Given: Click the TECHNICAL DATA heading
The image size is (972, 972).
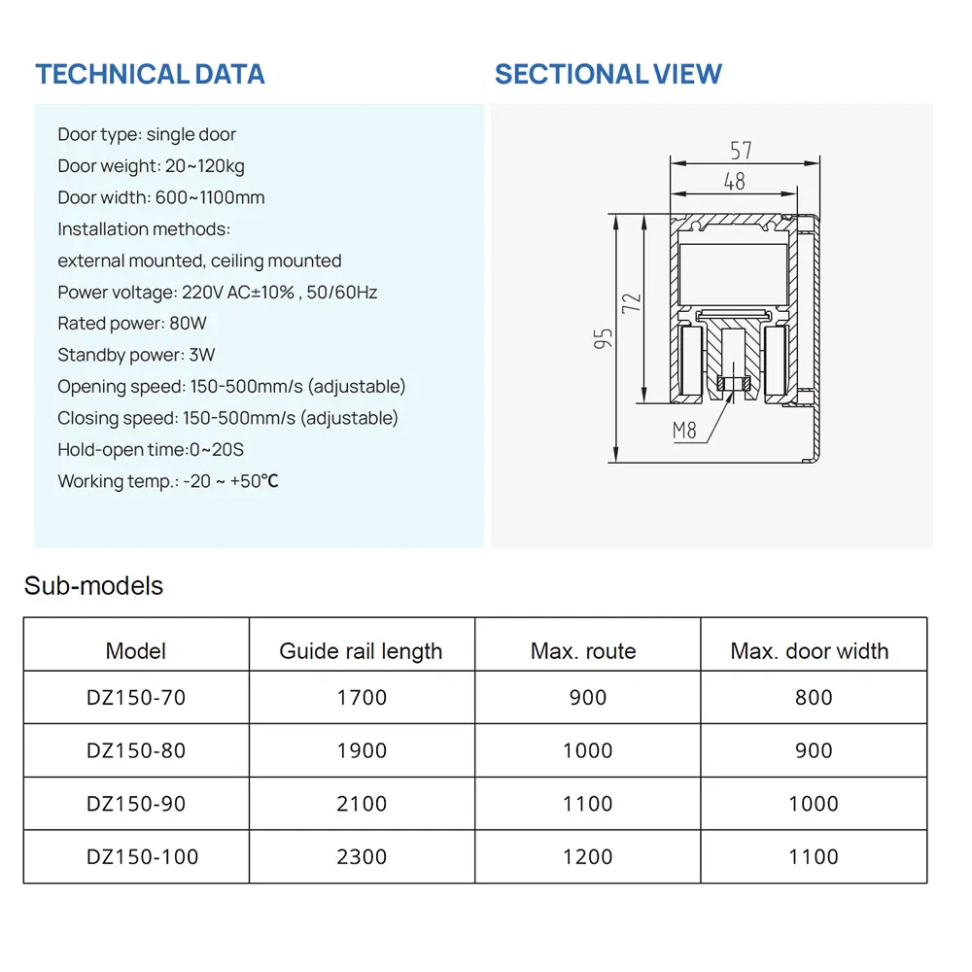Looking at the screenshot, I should coord(150,74).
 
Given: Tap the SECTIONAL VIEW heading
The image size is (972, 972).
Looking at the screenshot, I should coord(607,74).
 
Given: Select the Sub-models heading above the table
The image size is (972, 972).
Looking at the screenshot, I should coord(93,586).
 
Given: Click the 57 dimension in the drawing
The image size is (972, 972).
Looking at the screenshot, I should coord(741,151).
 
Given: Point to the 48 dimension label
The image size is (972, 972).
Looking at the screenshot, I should coord(735,181).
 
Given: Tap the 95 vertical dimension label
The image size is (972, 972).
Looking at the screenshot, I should coord(604,338).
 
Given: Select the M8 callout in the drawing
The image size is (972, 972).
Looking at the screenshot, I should coord(684,430).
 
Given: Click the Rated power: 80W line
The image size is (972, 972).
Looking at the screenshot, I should coord(132,323).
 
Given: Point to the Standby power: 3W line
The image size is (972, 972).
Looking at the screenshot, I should coord(136,355).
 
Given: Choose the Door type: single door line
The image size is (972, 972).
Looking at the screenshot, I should coord(147,134).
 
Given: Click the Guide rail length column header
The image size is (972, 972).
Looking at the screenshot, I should coord(361,651).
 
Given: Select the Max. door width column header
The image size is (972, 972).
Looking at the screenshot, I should coord(810,651).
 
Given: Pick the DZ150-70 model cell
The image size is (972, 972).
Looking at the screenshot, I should coord(136,697).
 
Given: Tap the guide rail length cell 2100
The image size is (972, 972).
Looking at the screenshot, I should coord(362,804).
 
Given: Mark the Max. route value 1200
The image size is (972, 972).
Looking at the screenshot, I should coord(588,856).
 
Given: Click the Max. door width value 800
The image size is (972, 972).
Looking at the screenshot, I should coord(814,697).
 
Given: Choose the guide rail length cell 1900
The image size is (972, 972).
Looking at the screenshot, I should coord(362,750).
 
